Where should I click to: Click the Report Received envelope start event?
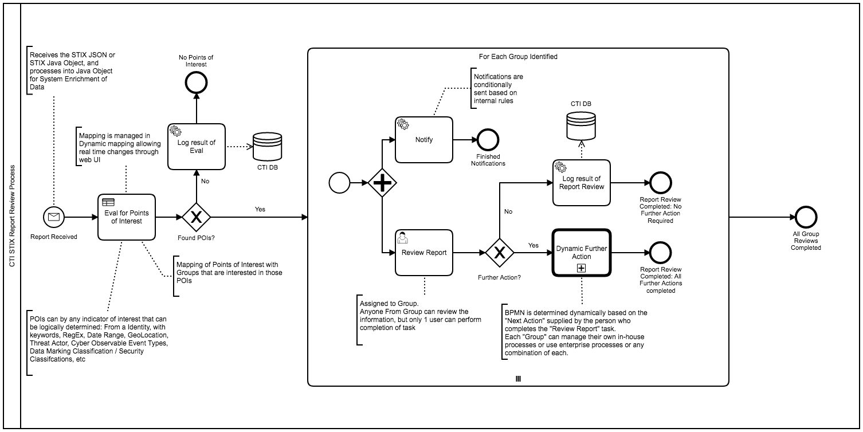point(54,217)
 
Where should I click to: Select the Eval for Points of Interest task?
point(127,217)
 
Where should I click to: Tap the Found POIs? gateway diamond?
point(197,217)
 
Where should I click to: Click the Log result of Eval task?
point(197,146)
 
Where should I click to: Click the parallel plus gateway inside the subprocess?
point(382,183)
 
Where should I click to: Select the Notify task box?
point(424,139)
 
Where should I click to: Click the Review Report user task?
point(424,252)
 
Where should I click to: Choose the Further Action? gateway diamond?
point(499,252)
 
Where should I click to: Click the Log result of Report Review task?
point(582,183)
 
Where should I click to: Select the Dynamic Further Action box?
point(582,252)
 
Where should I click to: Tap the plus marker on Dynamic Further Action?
point(582,268)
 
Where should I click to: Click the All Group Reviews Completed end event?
point(806,217)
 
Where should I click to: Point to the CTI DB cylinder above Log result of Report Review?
point(582,126)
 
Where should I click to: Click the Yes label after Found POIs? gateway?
point(260,209)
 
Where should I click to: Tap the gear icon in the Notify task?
point(403,124)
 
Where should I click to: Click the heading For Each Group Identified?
point(518,57)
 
